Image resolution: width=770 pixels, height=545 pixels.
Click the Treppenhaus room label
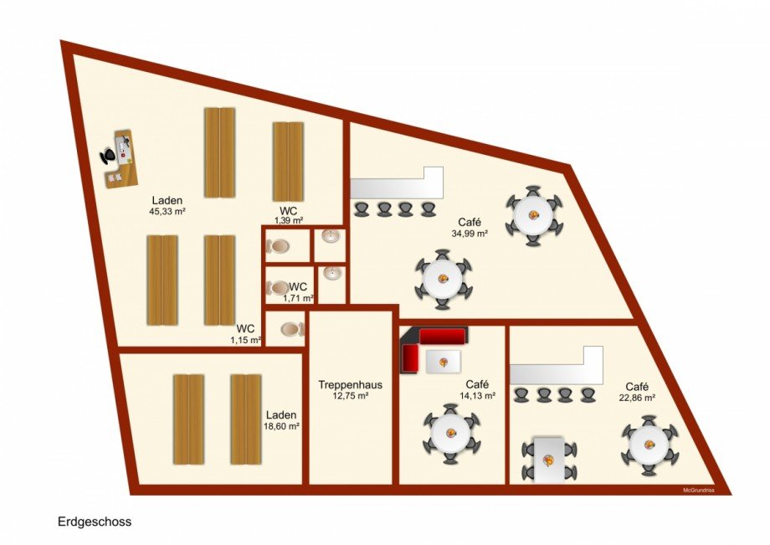350,384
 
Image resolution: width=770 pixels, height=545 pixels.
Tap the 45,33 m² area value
167,212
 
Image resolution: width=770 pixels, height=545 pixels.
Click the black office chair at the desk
108,156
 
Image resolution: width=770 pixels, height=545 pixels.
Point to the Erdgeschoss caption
95,522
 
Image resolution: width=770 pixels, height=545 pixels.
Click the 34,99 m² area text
470,234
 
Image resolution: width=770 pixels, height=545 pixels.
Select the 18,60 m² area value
282,427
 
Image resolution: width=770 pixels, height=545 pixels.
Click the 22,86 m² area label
638,398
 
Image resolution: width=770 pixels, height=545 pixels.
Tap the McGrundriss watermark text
698,490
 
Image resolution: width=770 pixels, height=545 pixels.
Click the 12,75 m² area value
350,396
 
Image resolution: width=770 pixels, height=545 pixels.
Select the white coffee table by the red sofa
444,362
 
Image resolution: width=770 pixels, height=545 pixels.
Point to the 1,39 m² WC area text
288,220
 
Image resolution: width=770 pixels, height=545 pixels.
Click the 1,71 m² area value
298,297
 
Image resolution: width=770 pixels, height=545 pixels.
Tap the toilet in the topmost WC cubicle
278,245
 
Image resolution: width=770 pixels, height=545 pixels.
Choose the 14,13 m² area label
477,396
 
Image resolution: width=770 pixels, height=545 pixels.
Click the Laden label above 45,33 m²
167,200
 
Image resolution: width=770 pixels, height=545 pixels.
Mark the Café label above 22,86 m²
638,387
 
